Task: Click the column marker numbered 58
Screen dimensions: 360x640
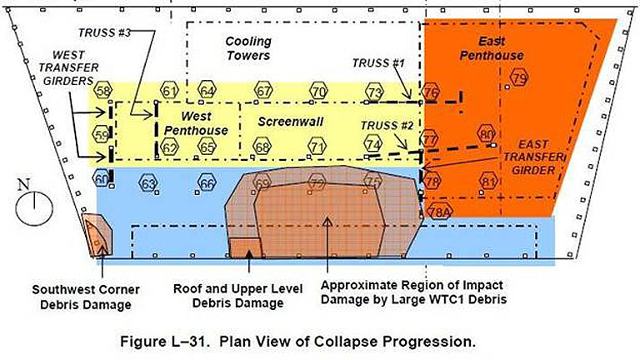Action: [102, 91]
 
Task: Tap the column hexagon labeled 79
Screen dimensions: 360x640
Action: [519, 79]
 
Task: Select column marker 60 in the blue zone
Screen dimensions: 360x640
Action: [102, 179]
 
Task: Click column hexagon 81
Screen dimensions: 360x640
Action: [489, 182]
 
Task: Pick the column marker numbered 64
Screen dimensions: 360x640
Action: [207, 91]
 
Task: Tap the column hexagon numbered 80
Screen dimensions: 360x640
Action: [487, 133]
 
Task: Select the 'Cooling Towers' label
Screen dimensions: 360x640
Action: [248, 48]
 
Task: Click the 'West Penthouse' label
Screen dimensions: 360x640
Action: [196, 123]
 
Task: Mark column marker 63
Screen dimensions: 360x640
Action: [148, 182]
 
